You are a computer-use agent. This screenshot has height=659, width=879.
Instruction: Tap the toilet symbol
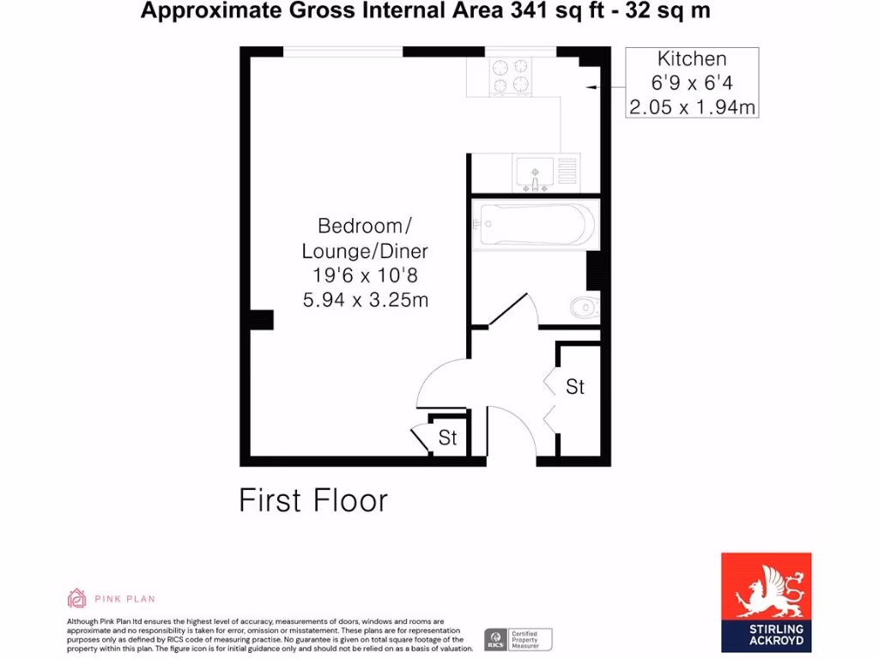(585, 305)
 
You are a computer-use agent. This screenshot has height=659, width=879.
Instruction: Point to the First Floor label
(313, 500)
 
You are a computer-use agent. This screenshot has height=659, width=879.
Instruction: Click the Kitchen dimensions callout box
(692, 82)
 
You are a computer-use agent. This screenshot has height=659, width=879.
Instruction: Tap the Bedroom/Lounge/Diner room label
(365, 239)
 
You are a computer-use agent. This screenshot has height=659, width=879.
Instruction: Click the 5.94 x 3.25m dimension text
(365, 300)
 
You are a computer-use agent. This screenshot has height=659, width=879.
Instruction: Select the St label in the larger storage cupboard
(575, 387)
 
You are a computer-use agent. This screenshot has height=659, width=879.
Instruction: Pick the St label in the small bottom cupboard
(448, 438)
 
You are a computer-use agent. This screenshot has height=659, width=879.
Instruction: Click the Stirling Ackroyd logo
(766, 600)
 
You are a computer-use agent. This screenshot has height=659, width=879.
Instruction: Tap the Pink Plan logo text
(125, 598)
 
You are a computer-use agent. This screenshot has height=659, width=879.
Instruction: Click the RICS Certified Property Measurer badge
(518, 639)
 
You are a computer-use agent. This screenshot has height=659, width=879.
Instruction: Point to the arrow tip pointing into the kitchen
(590, 87)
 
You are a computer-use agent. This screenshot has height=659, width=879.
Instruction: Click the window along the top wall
(343, 51)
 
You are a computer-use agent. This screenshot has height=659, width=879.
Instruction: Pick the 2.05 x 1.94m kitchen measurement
(692, 106)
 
